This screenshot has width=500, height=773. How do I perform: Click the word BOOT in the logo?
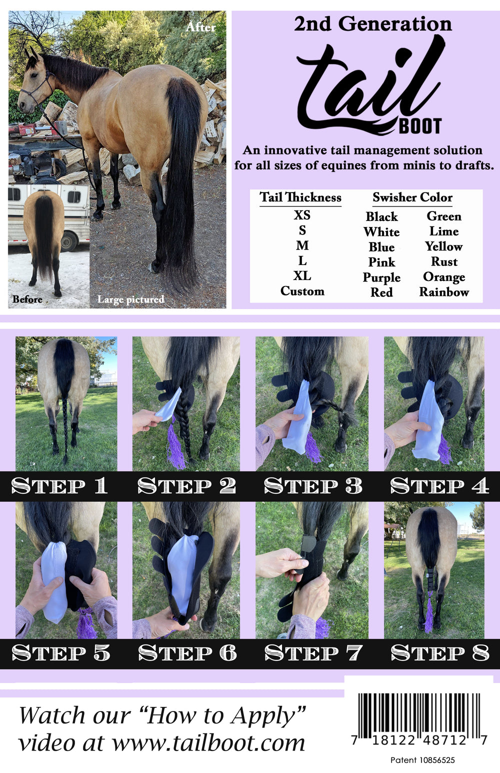coord(420,126)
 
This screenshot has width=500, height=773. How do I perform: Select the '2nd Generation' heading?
coord(372,23)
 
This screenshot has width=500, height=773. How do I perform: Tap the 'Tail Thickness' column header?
coord(300,197)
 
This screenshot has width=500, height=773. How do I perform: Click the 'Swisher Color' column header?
coord(412,197)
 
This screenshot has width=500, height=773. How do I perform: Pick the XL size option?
coord(302,276)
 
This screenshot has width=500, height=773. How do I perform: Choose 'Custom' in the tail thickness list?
coord(302,291)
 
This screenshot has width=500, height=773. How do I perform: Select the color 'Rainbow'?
coord(444,292)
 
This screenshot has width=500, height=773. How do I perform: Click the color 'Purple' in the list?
coord(381,277)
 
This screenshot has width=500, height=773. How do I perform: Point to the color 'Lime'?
coord(444,231)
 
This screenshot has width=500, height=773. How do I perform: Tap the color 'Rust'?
coord(444,262)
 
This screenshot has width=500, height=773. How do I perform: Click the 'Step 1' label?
coord(59,486)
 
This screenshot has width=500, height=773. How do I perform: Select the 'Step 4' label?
coord(439,486)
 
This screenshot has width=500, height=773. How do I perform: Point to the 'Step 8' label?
coord(439,653)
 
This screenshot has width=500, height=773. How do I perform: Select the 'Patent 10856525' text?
coord(422,760)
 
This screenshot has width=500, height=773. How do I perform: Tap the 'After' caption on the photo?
coord(200,27)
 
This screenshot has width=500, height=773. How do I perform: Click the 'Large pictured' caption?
coord(130,299)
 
